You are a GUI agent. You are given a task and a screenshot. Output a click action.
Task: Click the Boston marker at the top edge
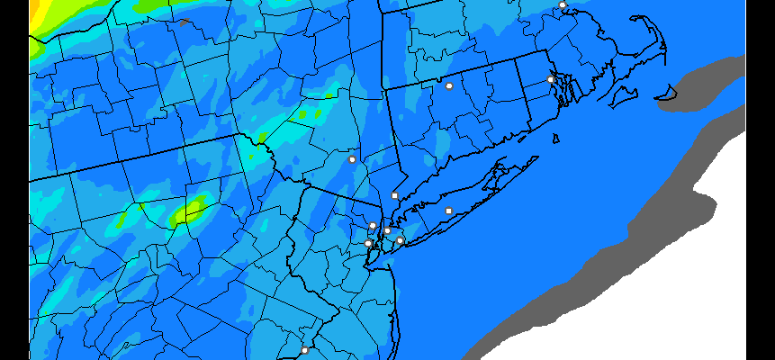563,4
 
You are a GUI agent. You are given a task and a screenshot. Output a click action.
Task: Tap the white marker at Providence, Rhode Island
551,79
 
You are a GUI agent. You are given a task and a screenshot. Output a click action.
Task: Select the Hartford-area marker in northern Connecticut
449,86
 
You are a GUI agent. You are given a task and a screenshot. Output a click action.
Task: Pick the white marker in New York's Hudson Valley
353,159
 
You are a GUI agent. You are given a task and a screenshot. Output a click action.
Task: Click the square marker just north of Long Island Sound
394,195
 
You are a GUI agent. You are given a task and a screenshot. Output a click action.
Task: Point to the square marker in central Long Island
448,211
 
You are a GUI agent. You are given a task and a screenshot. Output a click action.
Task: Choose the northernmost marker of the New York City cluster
373,225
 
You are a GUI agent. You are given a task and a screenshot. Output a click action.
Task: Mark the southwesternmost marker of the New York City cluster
367,243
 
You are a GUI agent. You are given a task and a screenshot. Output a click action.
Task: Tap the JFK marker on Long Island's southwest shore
400,240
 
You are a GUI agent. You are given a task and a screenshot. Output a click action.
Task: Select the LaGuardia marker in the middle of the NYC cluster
387,231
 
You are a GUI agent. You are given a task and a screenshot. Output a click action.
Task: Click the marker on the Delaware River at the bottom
304,350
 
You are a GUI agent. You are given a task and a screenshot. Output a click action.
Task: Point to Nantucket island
667,92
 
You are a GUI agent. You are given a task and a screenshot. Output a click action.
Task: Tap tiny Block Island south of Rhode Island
556,138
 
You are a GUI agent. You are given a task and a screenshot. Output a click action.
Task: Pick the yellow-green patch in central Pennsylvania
190,212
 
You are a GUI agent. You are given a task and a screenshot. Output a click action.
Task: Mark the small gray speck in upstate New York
184,22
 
